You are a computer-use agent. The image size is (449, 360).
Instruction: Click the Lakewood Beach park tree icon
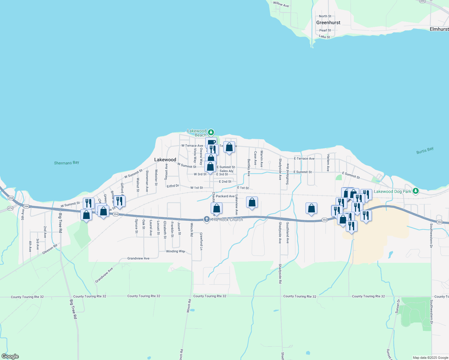(x=211, y=132)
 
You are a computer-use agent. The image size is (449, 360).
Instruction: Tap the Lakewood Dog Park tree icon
(x=415, y=191)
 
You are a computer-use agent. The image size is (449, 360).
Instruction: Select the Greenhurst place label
(x=328, y=22)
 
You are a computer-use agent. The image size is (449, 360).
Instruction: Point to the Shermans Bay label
(x=66, y=163)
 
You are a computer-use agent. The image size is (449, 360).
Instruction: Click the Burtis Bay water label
(x=425, y=151)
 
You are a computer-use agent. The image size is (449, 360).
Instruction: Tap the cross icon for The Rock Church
(x=206, y=220)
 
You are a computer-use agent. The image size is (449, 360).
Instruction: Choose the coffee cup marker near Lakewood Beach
(x=211, y=142)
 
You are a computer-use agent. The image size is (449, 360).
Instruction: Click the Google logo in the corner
(x=10, y=356)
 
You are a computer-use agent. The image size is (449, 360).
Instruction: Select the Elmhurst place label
(x=439, y=29)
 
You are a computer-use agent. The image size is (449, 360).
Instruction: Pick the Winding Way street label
(x=176, y=251)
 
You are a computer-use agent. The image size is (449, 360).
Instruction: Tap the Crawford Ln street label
(x=201, y=241)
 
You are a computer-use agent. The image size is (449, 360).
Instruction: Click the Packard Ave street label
(x=225, y=196)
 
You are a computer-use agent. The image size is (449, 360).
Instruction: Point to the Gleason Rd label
(x=50, y=249)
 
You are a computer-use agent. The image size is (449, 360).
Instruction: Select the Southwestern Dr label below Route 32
(x=431, y=312)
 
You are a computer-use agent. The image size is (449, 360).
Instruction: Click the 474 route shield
(x=10, y=208)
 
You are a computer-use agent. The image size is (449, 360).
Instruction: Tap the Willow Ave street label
(x=281, y=4)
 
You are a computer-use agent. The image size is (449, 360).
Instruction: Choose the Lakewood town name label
(x=165, y=160)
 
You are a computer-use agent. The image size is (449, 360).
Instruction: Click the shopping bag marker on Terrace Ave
(x=229, y=147)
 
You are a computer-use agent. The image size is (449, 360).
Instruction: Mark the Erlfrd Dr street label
(x=173, y=186)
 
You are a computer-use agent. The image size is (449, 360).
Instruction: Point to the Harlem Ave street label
(x=328, y=163)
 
